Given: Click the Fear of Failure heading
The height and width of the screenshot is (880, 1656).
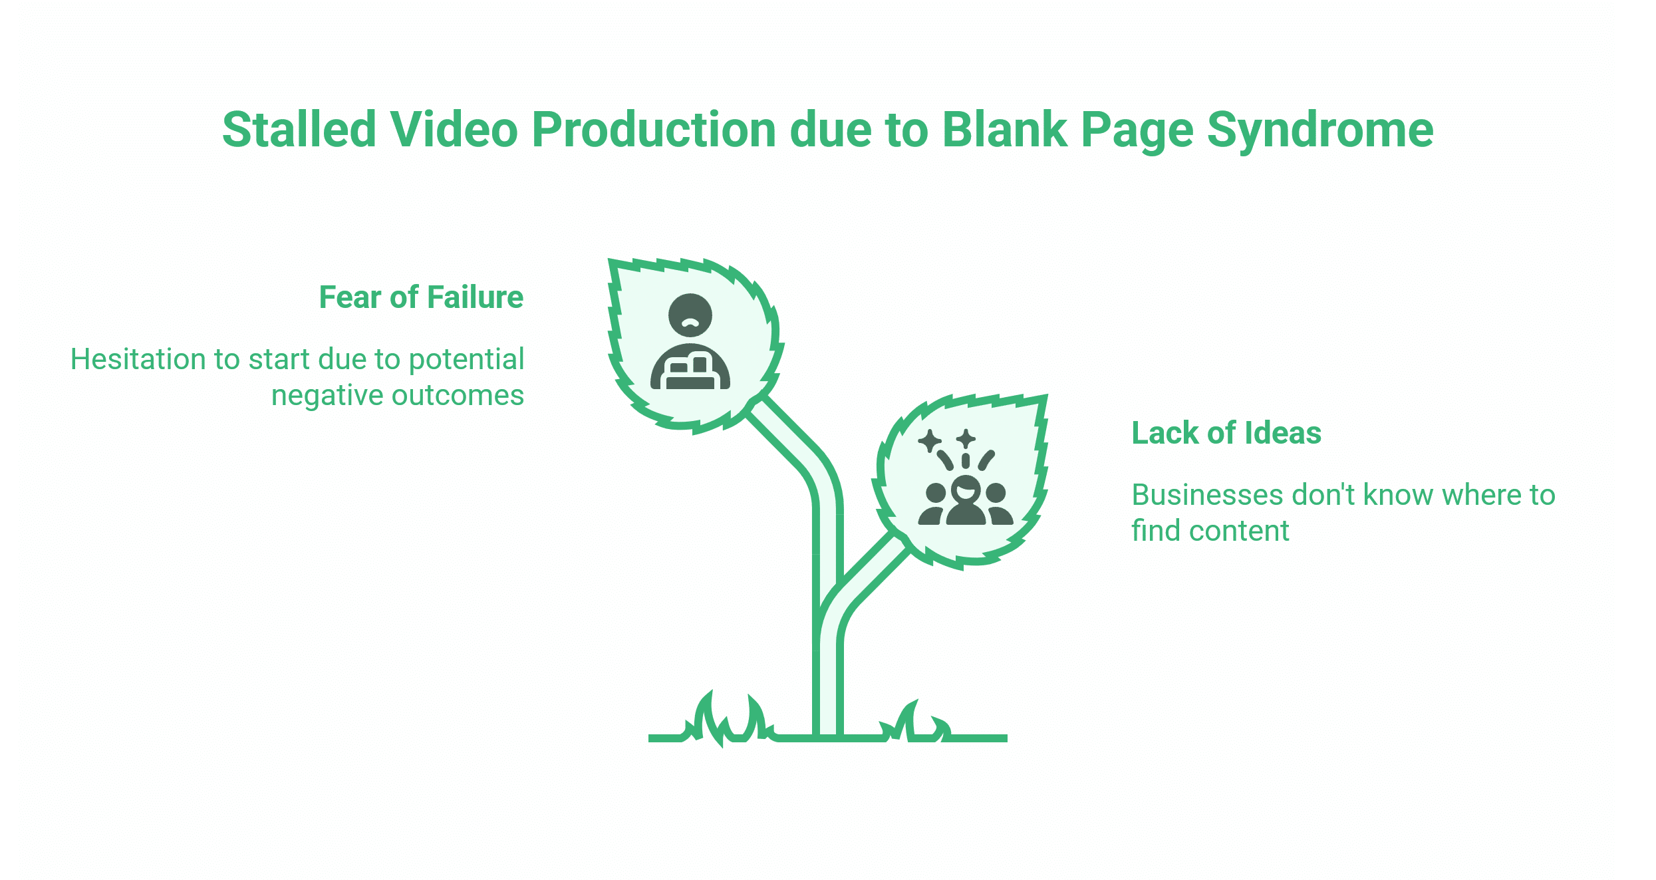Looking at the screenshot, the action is point(421,297).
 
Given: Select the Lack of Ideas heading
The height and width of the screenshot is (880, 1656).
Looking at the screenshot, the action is point(1226,433).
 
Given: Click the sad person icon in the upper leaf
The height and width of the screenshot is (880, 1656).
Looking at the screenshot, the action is point(690,342).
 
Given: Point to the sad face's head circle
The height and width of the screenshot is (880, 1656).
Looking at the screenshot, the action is point(690,315).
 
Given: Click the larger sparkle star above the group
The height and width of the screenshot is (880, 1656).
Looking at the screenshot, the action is point(930,440).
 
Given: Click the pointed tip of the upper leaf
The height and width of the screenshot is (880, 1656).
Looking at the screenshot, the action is point(613,262).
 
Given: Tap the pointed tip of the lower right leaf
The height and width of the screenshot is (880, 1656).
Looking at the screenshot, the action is point(1045,398).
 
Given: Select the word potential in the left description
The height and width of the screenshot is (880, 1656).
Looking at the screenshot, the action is point(466,359).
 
